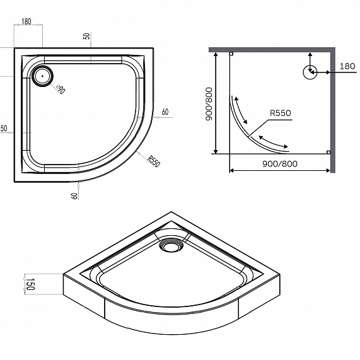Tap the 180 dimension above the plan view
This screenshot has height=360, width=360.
pos(26,22)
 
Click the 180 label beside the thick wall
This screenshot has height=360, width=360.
pos(347,66)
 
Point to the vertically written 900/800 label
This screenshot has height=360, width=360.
pos(209,103)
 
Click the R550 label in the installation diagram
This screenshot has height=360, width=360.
pos(279,113)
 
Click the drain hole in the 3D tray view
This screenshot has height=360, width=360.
pos(170,245)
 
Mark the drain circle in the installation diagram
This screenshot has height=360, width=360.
pos(310,73)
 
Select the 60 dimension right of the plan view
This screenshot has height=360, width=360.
pos(165,112)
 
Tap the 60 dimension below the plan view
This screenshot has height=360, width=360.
pos(75,195)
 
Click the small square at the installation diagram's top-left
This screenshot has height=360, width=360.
pos(231,54)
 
